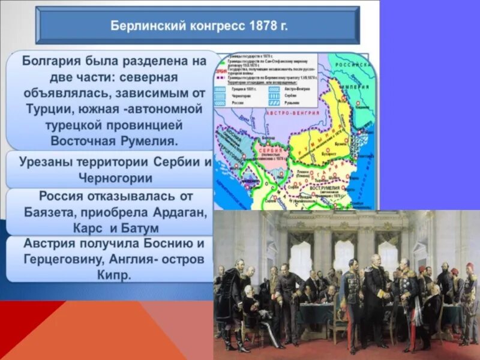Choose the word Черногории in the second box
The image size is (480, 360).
[115, 178]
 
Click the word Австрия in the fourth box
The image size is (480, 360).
[50, 244]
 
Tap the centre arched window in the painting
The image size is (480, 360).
[344, 252]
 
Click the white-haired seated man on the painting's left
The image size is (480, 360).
[248, 294]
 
